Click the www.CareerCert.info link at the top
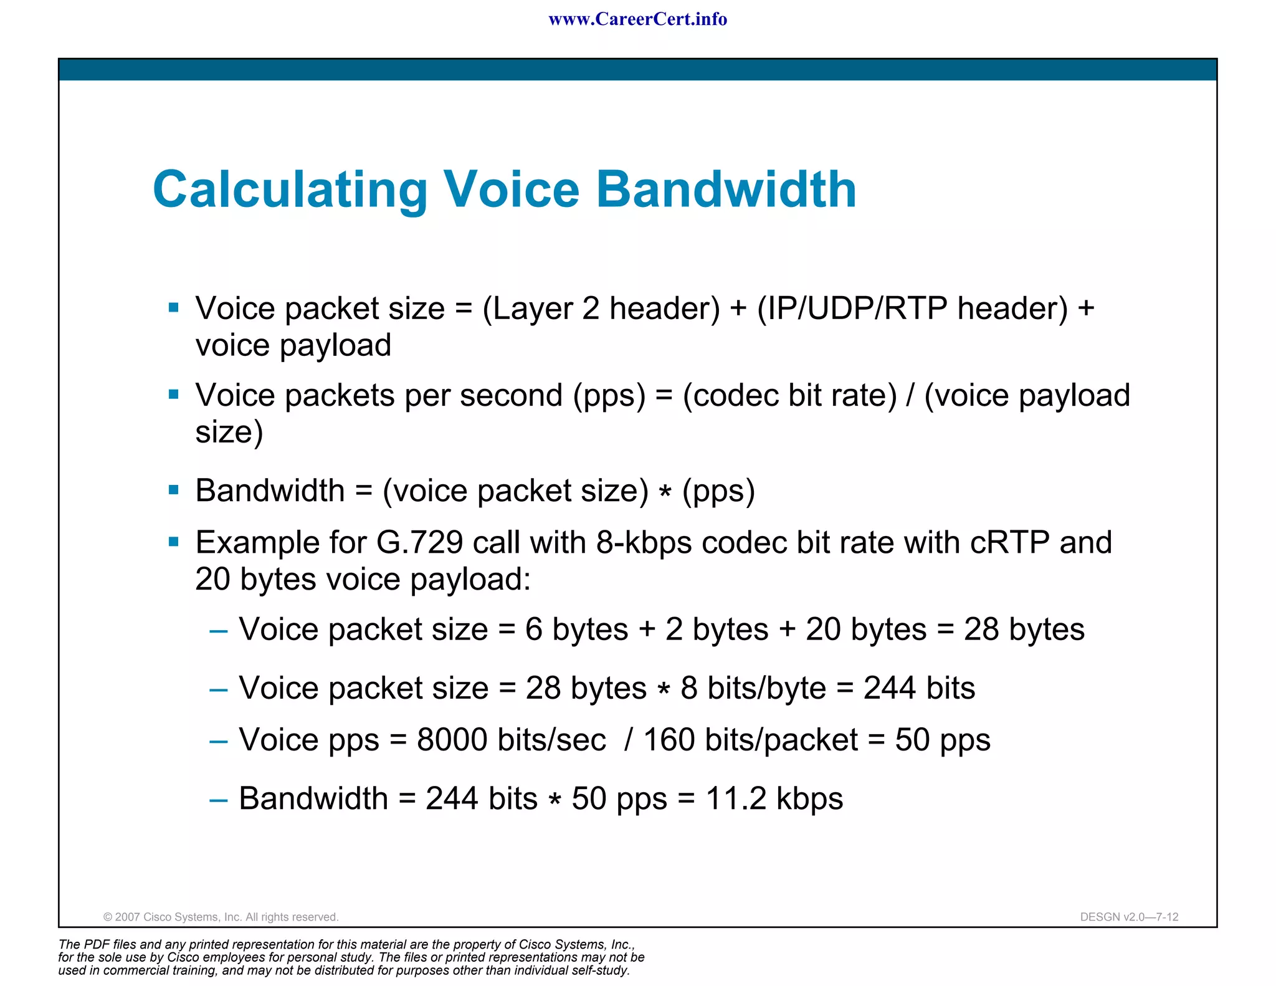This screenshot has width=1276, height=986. pyautogui.click(x=637, y=19)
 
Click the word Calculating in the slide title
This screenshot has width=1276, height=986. pyautogui.click(x=290, y=190)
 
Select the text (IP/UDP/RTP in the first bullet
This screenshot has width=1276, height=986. pyautogui.click(x=852, y=309)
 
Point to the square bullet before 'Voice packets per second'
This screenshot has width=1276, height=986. pyautogui.click(x=174, y=394)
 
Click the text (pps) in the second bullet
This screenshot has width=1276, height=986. pyautogui.click(x=609, y=396)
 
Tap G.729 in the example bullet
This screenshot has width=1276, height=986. pyautogui.click(x=419, y=542)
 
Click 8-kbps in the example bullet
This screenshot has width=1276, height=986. pyautogui.click(x=644, y=542)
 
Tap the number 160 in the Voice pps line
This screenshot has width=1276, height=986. pyautogui.click(x=669, y=740)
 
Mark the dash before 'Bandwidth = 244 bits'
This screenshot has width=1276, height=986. pyautogui.click(x=219, y=800)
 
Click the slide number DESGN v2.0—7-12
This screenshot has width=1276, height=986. pyautogui.click(x=1129, y=917)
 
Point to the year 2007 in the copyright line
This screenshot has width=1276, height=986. pyautogui.click(x=127, y=917)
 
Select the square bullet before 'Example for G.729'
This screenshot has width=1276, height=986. pyautogui.click(x=174, y=542)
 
